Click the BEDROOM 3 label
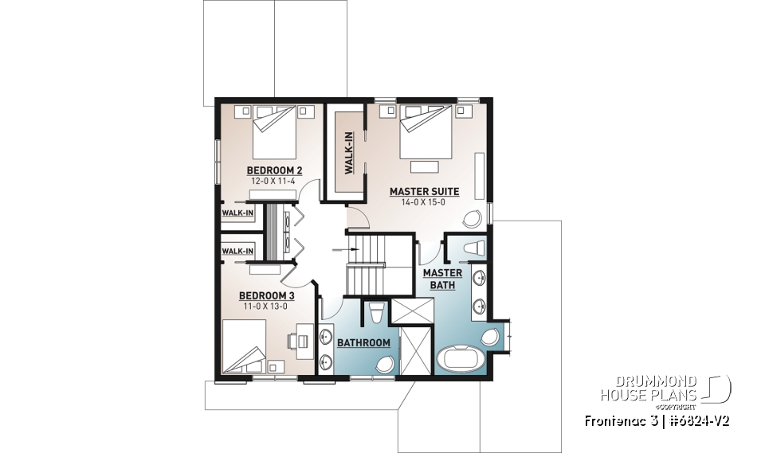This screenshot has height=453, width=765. [262, 295]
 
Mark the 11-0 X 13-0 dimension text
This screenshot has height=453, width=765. [262, 306]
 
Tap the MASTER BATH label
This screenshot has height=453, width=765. [442, 279]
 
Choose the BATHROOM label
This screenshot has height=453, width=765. [363, 343]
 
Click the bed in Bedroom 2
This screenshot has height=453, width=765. [275, 132]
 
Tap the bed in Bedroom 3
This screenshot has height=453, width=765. [247, 347]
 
